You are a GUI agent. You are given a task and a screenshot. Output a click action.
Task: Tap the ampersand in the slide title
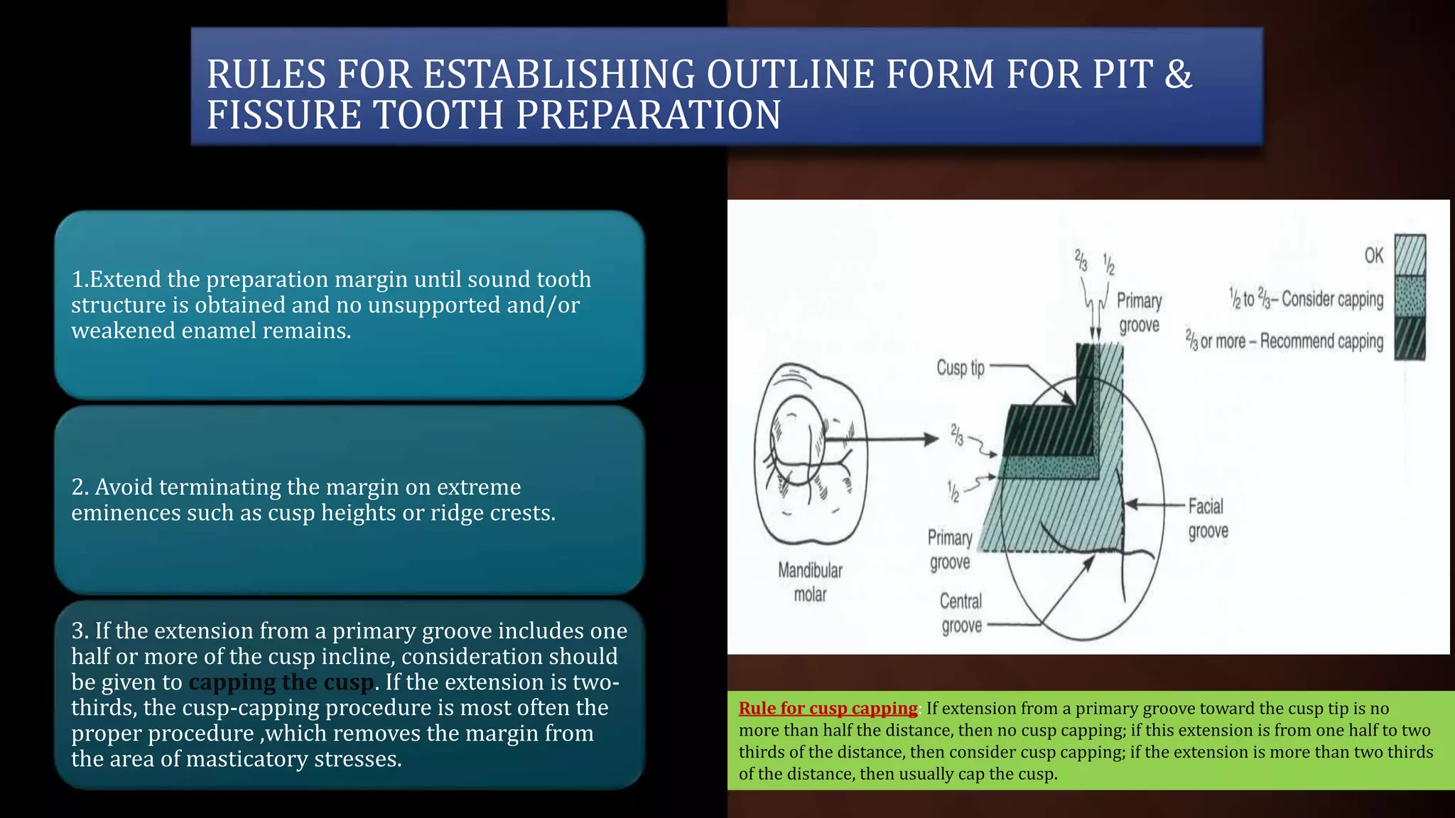[x=1178, y=74]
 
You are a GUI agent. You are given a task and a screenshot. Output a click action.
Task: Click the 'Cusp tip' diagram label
[x=960, y=368]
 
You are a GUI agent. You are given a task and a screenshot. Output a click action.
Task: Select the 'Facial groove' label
[x=1208, y=518]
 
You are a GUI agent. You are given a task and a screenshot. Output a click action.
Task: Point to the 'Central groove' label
[x=961, y=613]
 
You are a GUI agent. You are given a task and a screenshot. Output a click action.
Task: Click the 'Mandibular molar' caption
[x=810, y=582]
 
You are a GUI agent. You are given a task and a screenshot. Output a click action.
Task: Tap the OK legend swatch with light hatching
[x=1410, y=255]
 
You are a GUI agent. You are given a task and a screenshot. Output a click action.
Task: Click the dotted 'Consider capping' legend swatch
[x=1410, y=297]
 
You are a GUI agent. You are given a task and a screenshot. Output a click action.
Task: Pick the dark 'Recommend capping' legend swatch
[x=1410, y=339]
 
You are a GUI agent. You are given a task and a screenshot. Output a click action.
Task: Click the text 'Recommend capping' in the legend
[x=1321, y=342]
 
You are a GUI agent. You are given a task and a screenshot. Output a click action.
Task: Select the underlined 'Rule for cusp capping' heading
[x=828, y=708]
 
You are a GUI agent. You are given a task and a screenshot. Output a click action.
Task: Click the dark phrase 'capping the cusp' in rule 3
[x=281, y=682]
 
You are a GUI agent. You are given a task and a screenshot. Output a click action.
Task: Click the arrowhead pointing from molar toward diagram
[x=931, y=439]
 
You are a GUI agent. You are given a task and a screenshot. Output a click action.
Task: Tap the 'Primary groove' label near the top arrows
[x=1139, y=312]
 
